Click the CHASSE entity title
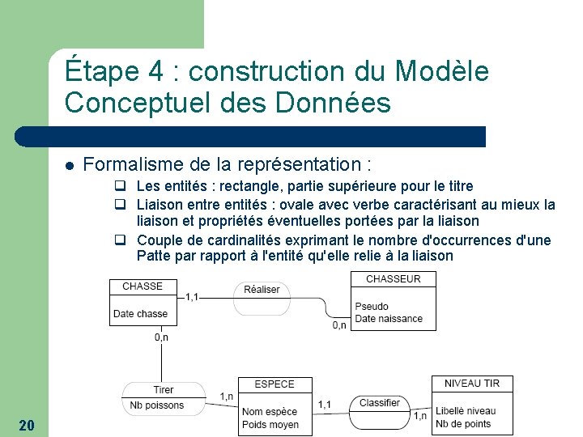pyautogui.click(x=143, y=286)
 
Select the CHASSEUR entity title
pyautogui.click(x=394, y=279)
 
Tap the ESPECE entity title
pyautogui.click(x=274, y=384)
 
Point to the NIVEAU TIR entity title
pyautogui.click(x=472, y=384)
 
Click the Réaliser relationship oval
pyautogui.click(x=262, y=290)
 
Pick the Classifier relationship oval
pyautogui.click(x=380, y=403)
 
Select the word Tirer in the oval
pyautogui.click(x=164, y=390)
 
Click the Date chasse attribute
pyautogui.click(x=141, y=314)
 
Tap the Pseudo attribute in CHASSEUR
pyautogui.click(x=372, y=307)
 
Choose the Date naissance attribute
pyautogui.click(x=389, y=319)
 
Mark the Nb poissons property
pyautogui.click(x=157, y=405)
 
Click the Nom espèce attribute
pyautogui.click(x=270, y=412)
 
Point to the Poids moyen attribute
pyautogui.click(x=270, y=425)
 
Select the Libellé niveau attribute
pyautogui.click(x=466, y=411)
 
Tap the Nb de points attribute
pyautogui.click(x=463, y=424)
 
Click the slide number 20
pyautogui.click(x=26, y=426)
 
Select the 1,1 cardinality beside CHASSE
pyautogui.click(x=193, y=297)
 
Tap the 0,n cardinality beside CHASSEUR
pyautogui.click(x=339, y=325)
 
